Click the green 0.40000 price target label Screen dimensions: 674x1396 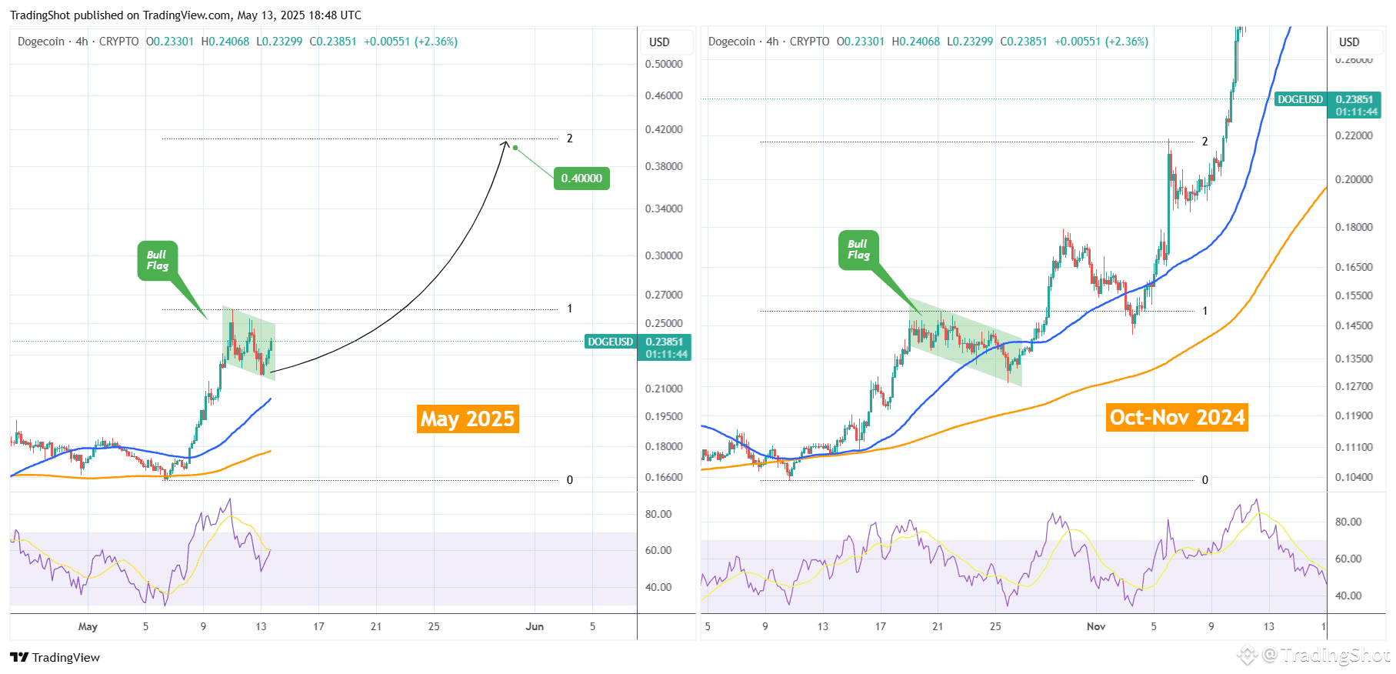click(581, 179)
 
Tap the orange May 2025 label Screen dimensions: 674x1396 click(468, 419)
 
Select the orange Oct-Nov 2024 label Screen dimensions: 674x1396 click(1177, 417)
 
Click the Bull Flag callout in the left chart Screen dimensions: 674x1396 click(158, 261)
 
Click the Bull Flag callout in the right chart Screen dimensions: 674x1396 click(858, 250)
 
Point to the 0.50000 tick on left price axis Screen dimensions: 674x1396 click(664, 64)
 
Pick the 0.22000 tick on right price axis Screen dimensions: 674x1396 click(1354, 135)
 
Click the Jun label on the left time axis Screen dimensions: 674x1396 click(535, 626)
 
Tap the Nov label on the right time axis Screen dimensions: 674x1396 click(1096, 626)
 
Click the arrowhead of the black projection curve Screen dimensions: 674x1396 click(505, 143)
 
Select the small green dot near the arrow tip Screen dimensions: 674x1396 click(515, 148)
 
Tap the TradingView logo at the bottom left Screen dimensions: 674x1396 click(55, 657)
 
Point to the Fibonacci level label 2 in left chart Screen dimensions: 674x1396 click(570, 138)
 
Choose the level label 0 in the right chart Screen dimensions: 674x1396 click(1205, 480)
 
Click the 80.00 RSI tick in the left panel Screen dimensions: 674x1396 click(658, 514)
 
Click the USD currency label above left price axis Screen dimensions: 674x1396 click(659, 42)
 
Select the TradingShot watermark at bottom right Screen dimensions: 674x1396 click(1315, 656)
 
